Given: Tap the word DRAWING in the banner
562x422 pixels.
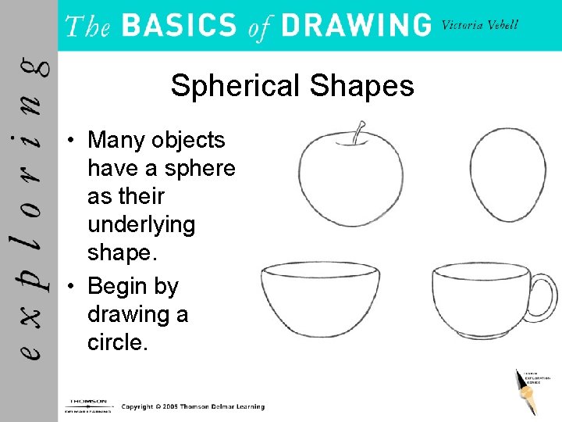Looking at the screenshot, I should point(356,26).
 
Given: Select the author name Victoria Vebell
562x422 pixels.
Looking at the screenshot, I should point(479,24).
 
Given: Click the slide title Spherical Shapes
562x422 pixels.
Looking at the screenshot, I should point(292,85).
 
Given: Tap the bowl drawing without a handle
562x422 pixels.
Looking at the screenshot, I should point(320,298).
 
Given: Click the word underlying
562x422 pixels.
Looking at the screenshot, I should point(140,225).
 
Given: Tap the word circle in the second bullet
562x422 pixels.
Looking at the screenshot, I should point(117,342).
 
